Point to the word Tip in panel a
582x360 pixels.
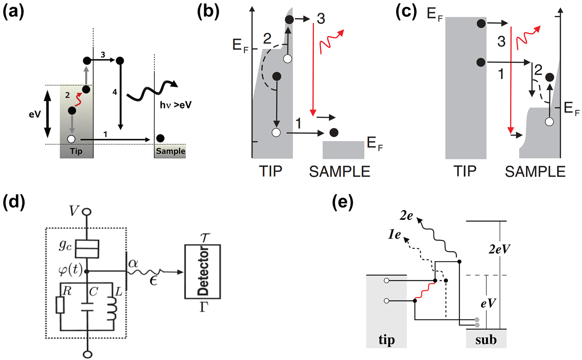click(76, 151)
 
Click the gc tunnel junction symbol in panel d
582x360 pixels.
click(86, 250)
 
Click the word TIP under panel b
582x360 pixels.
click(270, 171)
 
